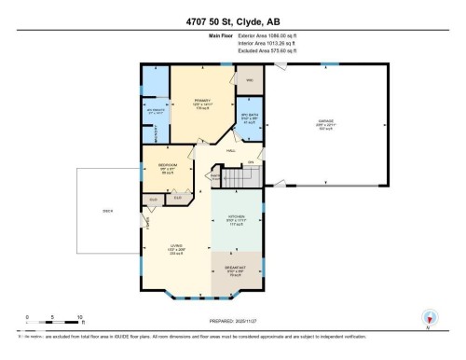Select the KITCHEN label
[x=236, y=220]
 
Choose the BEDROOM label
[x=168, y=164]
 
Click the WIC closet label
[x=250, y=80]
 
